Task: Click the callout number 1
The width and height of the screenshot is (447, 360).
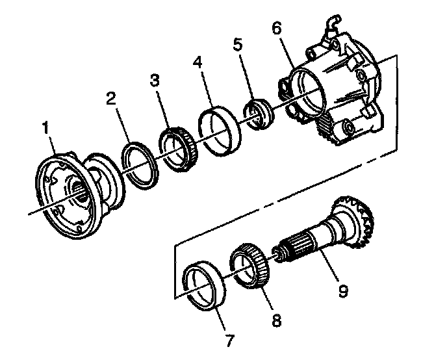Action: pos(46,129)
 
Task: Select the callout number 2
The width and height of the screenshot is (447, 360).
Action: pos(112,99)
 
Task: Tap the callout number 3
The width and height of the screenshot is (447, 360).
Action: pos(154,80)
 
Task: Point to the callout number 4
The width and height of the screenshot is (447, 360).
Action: pos(198,64)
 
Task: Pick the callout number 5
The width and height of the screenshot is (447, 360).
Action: pos(238,45)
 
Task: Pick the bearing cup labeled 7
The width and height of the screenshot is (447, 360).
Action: pos(207,285)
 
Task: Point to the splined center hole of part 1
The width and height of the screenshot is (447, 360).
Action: pos(79,192)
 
